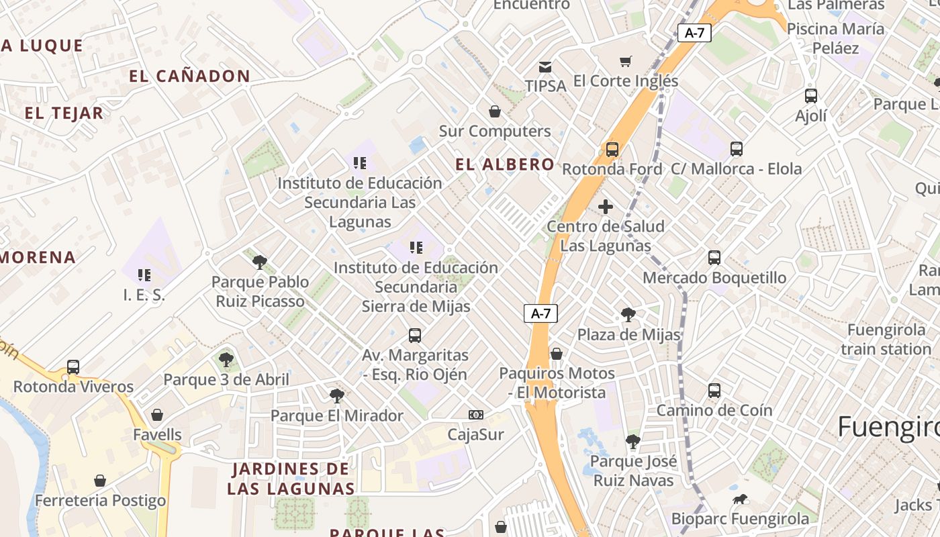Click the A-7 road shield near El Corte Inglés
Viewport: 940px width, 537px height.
(694, 33)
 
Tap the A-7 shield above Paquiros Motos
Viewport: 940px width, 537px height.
(540, 313)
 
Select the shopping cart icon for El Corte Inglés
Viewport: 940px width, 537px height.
(625, 62)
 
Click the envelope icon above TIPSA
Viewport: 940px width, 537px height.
(545, 67)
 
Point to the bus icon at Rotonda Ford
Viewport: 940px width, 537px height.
(612, 150)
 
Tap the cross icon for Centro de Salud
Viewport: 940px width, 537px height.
(606, 207)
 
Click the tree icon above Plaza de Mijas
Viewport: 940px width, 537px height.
(628, 314)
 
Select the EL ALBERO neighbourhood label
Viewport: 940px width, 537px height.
(505, 164)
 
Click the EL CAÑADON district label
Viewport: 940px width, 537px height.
(189, 77)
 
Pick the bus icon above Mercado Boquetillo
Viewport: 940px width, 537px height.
(714, 258)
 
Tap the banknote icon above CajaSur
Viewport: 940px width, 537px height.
(475, 415)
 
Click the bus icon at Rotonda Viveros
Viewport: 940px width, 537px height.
(73, 367)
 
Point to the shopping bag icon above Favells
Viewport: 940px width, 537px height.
(157, 415)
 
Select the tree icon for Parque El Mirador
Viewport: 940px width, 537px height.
(337, 396)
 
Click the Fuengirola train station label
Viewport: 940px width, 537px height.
(886, 340)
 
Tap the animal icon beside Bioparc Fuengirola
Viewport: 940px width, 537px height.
(741, 499)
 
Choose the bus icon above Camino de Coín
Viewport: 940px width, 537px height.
(714, 391)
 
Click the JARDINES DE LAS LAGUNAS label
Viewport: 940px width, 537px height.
(291, 479)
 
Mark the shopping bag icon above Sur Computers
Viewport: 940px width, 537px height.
(495, 111)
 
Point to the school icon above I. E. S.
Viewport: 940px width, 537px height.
(144, 275)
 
